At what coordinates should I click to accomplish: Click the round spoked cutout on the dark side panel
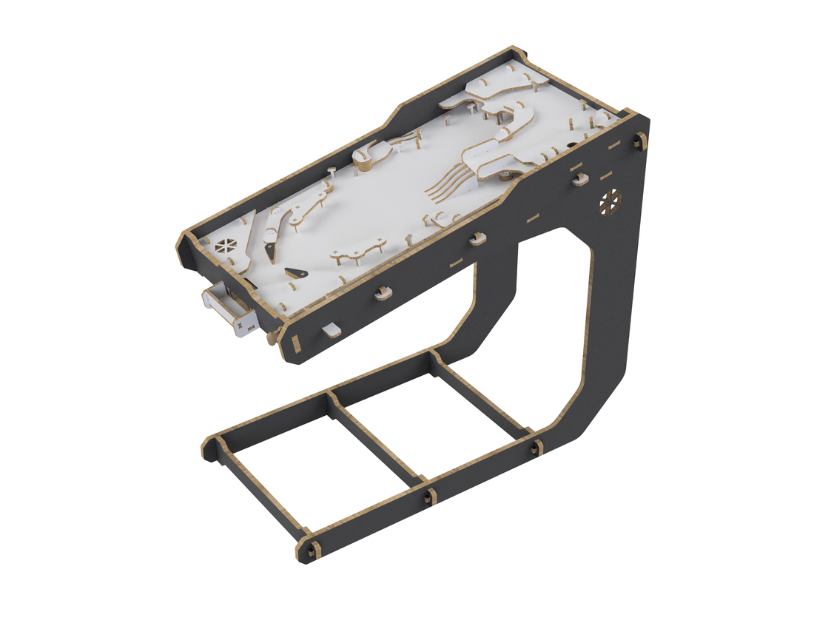[x=610, y=200]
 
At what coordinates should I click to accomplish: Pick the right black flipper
[x=295, y=272]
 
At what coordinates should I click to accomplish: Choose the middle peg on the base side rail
[x=428, y=495]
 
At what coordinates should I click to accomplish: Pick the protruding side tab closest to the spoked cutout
[x=579, y=178]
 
